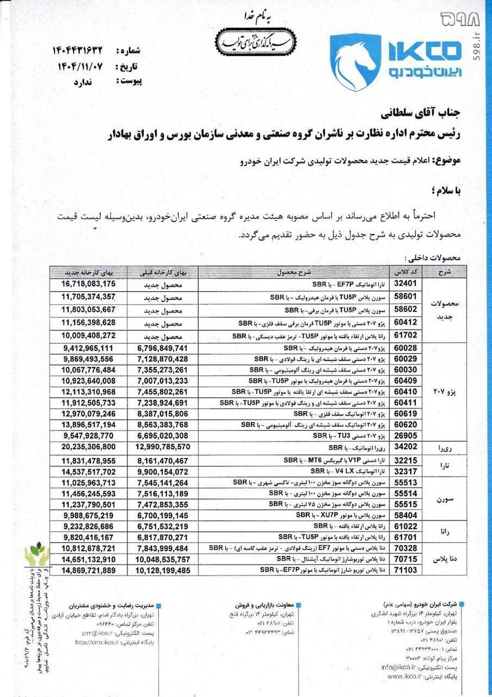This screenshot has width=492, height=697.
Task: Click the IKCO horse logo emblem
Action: pos(355,63)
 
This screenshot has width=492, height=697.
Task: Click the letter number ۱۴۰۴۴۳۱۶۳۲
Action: pos(77,50)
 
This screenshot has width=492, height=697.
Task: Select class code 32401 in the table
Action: pos(405,283)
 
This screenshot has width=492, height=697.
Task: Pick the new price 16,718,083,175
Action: pos(89,284)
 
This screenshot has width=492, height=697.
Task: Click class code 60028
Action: pos(405,348)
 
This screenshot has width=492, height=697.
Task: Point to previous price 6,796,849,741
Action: pos(163,348)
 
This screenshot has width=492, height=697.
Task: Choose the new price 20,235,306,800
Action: pos(89,447)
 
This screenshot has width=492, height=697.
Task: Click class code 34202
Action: pos(405,447)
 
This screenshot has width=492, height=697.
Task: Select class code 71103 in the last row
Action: pos(405,570)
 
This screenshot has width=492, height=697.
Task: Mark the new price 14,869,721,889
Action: pos(89,570)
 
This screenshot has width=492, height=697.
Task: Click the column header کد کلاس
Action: pos(405,272)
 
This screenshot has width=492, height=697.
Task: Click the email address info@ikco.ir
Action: pos(398,667)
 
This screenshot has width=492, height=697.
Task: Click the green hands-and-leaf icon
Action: pos(36,553)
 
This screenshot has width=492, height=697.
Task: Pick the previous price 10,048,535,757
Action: pos(163,559)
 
